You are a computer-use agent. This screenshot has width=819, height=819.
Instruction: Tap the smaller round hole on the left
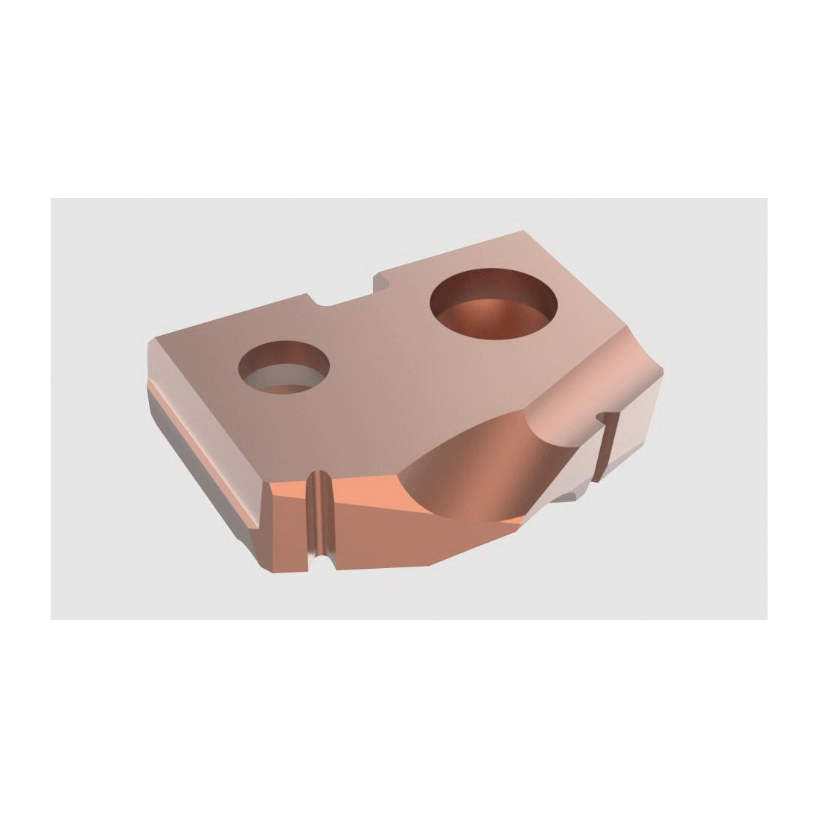tap(284, 367)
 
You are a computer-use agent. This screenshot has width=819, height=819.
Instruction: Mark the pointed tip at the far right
tap(662, 369)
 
